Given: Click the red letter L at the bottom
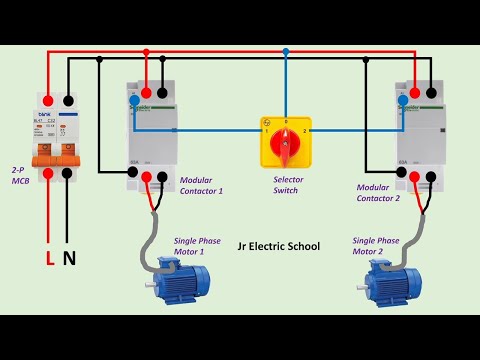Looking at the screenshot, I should tap(50, 259).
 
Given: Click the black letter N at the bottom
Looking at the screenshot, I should tap(69, 259).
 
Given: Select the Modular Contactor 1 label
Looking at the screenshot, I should tap(201, 185).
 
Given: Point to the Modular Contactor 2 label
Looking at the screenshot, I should tap(378, 191).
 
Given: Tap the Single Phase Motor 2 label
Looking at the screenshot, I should tap(376, 246).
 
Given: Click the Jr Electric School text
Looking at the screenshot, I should tap(279, 245).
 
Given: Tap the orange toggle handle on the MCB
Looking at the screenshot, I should tap(56, 156).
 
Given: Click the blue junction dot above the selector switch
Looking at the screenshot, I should tap(285, 51).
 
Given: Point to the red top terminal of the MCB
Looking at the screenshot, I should tap(48, 100).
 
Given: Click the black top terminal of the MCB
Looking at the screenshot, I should tap(67, 100).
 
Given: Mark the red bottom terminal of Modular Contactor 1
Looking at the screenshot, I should tap(147, 177).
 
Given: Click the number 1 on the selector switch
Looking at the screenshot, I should tap(266, 130).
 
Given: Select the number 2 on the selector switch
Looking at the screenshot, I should tap(305, 131).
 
